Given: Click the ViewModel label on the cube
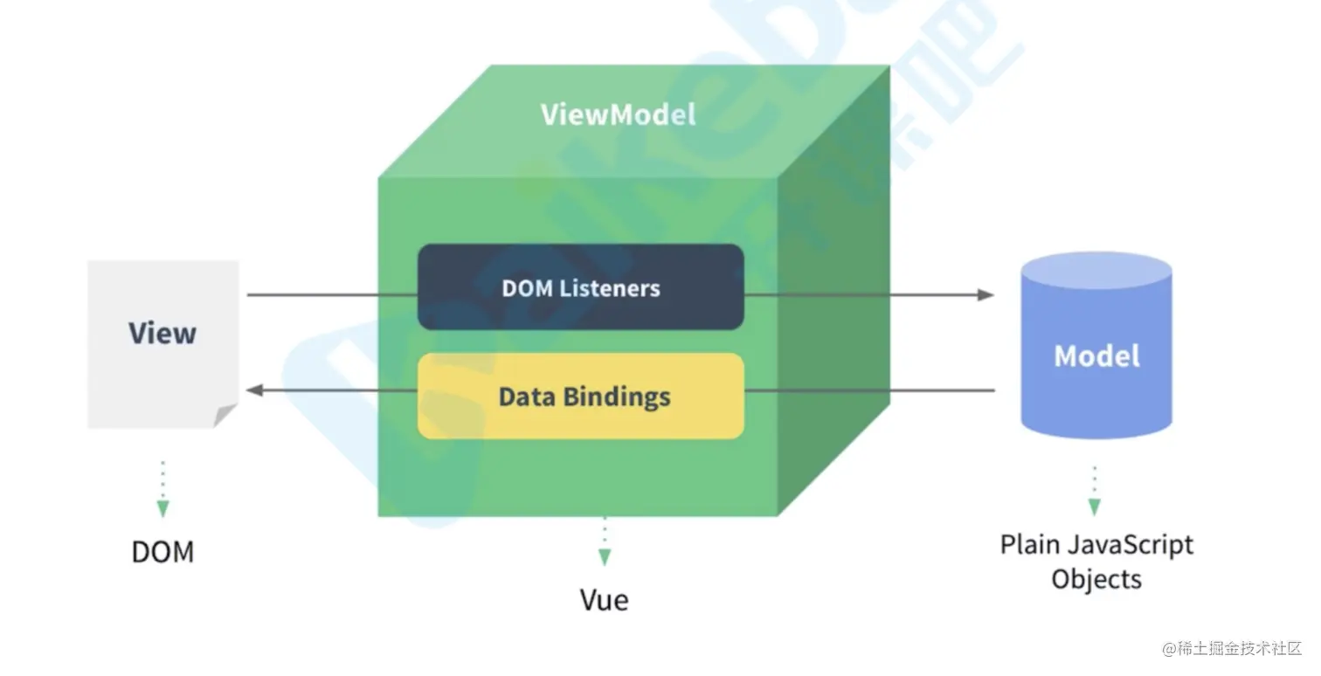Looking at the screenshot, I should (x=618, y=115).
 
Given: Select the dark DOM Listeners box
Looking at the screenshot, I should (x=580, y=287).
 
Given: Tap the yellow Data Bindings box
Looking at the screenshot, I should (x=580, y=397).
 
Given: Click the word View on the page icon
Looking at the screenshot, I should (x=163, y=333).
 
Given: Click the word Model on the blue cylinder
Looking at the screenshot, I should (x=1096, y=355).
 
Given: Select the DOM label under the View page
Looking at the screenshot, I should (x=163, y=552).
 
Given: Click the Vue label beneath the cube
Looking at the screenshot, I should (x=604, y=600).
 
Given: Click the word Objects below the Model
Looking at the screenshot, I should (x=1096, y=579).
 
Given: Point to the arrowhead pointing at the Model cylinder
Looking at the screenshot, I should (x=986, y=294).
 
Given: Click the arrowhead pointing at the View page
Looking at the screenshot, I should (x=255, y=390).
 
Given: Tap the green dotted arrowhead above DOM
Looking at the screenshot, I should (x=163, y=508).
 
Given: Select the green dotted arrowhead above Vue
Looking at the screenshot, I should (x=604, y=556).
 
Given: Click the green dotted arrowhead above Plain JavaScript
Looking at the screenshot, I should (x=1094, y=507).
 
